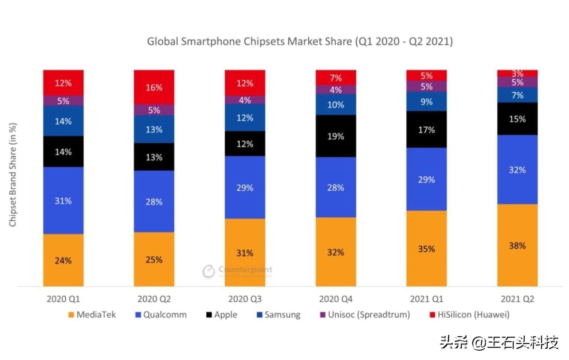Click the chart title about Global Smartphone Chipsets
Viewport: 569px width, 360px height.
pos(300,42)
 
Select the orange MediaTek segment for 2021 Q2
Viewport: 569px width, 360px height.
pos(517,245)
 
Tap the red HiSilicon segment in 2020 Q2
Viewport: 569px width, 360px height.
pos(154,87)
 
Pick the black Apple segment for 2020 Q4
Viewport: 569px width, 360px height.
pos(336,136)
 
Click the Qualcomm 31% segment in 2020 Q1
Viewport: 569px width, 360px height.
pos(63,200)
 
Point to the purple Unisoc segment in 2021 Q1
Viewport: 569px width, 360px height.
pos(426,86)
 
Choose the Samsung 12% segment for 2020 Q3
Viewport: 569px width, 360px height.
pos(245,118)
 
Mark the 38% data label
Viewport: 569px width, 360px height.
pos(517,245)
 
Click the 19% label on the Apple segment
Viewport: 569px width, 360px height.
pos(336,136)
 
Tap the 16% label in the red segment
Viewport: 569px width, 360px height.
pos(154,88)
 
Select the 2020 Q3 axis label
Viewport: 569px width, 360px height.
pos(244,299)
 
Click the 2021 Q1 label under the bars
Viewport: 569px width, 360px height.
pos(426,299)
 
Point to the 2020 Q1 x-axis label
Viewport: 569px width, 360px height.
pos(63,299)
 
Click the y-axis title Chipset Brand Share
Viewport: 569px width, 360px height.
pos(13,175)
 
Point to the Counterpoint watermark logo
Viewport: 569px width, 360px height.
pos(237,271)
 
